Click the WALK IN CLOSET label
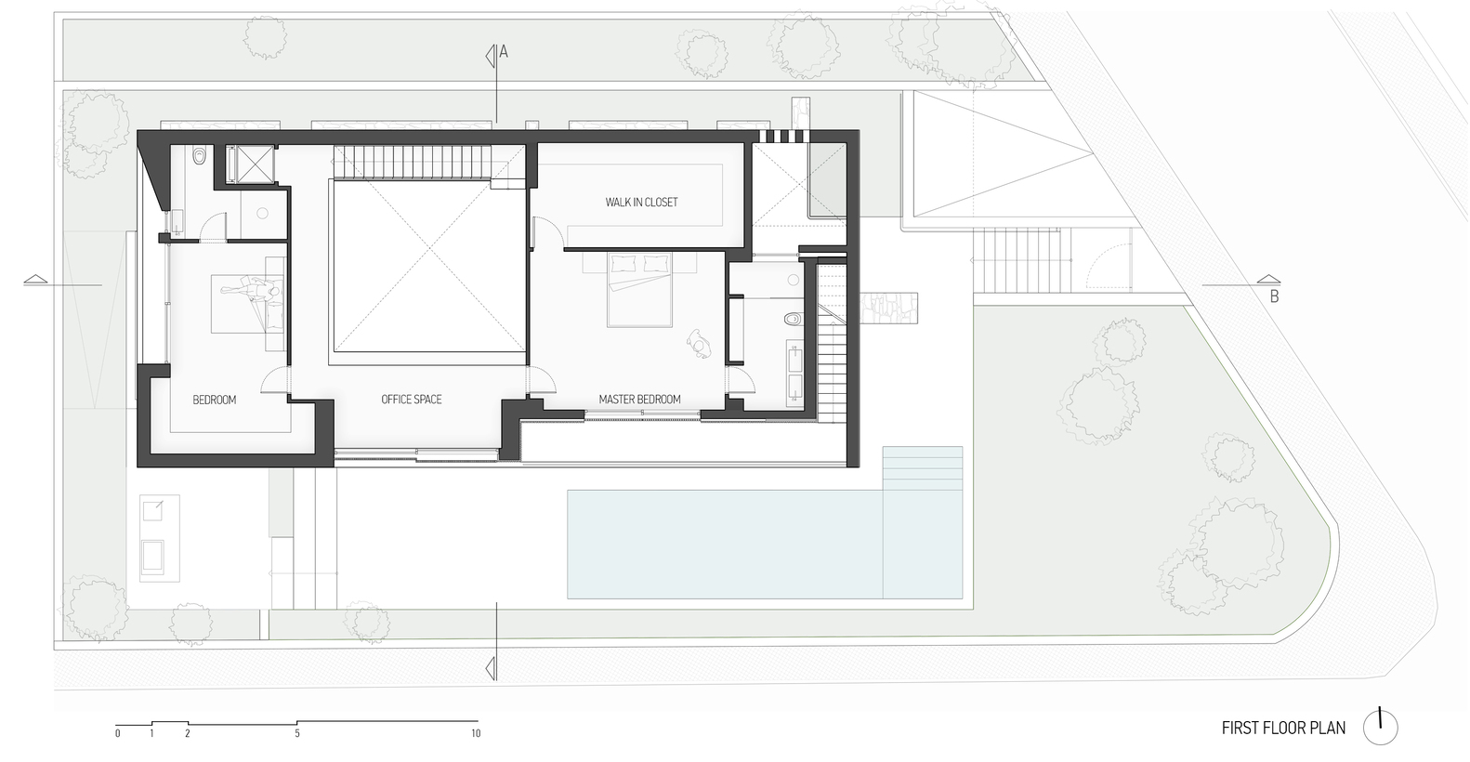tap(641, 202)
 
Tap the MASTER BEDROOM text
tap(639, 400)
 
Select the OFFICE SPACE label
tap(411, 400)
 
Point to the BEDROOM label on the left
tap(215, 400)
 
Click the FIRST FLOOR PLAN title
tap(1283, 728)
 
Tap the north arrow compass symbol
tap(1381, 727)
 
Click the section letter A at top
tap(504, 53)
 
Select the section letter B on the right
tap(1275, 297)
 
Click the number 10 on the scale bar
tap(476, 734)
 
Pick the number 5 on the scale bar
tap(297, 734)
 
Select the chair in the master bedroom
tap(698, 344)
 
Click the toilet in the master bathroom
tap(792, 319)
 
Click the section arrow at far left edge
tap(34, 279)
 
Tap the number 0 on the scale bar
tap(118, 734)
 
